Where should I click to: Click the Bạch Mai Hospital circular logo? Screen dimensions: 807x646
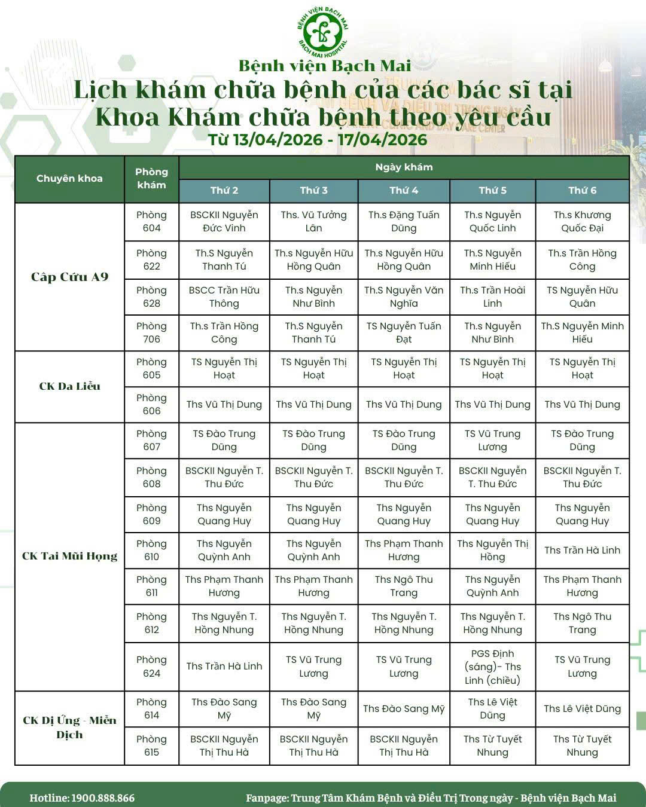coord(323,29)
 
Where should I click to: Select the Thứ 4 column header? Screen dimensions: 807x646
coord(404,191)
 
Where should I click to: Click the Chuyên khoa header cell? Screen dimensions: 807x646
coord(69,179)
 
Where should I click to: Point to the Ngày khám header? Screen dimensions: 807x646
coord(404,167)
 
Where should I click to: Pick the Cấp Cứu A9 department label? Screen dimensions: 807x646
coord(69,277)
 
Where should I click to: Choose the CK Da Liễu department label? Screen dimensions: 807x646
coord(69,386)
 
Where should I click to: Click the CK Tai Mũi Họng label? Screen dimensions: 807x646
coord(69,556)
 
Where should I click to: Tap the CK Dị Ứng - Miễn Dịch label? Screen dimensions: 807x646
coord(69,727)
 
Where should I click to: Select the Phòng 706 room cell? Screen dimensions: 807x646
coord(151,333)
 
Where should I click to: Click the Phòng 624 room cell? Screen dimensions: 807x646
coord(151,667)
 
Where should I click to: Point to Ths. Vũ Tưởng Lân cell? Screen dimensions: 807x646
coord(313,222)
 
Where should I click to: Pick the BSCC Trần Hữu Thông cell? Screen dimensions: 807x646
coord(224,297)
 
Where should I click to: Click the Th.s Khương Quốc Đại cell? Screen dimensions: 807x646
coord(582,222)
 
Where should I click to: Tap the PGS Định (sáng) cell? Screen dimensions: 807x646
coord(492,667)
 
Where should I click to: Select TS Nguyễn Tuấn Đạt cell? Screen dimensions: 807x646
coord(404,333)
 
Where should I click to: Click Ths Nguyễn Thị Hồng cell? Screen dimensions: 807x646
coord(492,551)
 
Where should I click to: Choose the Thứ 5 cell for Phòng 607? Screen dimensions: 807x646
coord(492,441)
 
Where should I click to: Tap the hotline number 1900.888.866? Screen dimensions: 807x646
coord(103,798)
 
